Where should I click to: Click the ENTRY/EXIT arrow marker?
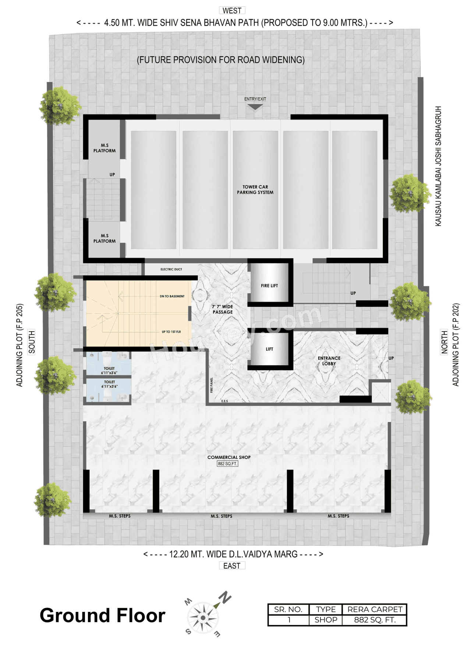point(255,107)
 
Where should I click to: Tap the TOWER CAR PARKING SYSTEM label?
point(255,189)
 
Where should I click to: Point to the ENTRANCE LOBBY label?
point(329,361)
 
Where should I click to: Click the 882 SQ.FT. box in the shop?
point(227,464)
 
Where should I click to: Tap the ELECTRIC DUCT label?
point(171,269)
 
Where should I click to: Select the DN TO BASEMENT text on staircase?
point(172,296)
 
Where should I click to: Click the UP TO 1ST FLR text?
point(171,332)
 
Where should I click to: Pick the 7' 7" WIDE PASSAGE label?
point(222,309)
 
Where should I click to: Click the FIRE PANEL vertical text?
point(212,385)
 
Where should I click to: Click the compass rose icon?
point(202,617)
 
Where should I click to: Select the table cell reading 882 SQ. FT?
point(375,620)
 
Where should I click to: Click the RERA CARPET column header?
point(375,609)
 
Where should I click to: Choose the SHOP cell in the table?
point(326,620)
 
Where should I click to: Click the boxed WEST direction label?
point(232,10)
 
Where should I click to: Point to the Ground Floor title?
point(102,615)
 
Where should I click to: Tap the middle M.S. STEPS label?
point(221,516)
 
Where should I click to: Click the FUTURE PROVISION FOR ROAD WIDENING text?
point(220,60)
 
